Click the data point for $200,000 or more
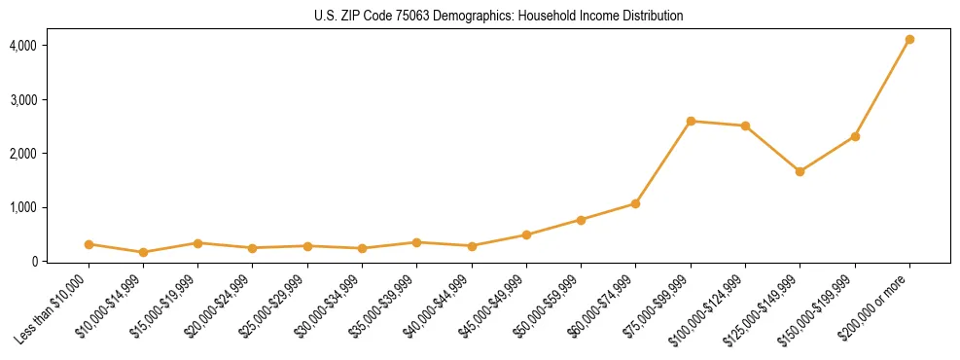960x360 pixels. click(909, 40)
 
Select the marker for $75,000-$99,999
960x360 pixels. click(691, 122)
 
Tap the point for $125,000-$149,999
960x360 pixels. click(800, 171)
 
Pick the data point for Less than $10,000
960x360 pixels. click(89, 244)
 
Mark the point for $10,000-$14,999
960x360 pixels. click(143, 252)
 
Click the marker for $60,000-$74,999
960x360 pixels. click(635, 203)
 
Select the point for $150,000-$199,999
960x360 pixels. click(855, 136)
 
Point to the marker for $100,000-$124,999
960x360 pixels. click(745, 126)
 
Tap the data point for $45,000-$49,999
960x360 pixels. click(526, 234)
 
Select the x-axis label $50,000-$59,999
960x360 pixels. click(548, 306)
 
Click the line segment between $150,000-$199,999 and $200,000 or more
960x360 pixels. click(882, 89)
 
